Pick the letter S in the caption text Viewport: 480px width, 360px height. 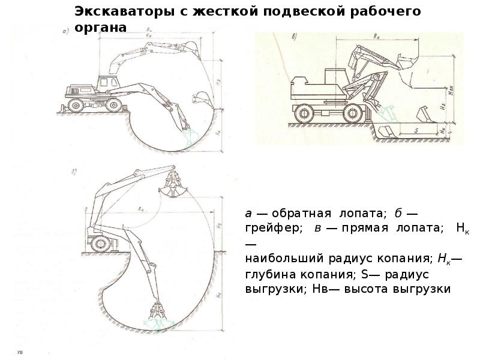[x=365, y=274]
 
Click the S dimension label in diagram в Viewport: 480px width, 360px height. [x=415, y=128]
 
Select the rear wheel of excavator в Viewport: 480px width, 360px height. [x=304, y=113]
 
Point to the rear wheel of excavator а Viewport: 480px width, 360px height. [x=76, y=104]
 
